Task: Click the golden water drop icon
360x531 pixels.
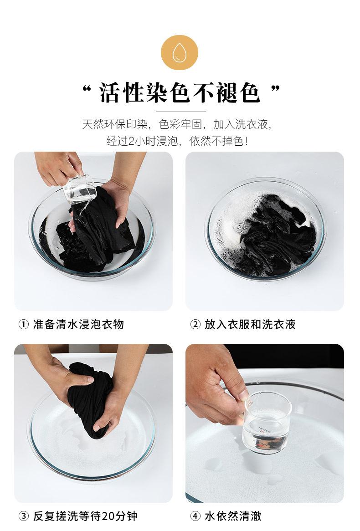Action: [x=180, y=52]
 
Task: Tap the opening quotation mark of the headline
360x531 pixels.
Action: [x=87, y=89]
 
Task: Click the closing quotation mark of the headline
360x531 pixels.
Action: [x=276, y=89]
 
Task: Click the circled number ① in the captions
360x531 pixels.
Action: [x=23, y=324]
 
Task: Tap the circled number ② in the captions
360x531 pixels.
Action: [x=195, y=324]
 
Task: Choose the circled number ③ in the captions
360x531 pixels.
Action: [x=23, y=516]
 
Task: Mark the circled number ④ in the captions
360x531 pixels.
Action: [x=195, y=516]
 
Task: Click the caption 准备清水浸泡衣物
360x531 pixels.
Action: [x=78, y=324]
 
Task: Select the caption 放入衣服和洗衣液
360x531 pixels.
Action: [x=250, y=324]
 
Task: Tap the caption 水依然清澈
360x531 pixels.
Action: [x=233, y=516]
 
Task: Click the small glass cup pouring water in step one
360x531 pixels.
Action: [x=80, y=189]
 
